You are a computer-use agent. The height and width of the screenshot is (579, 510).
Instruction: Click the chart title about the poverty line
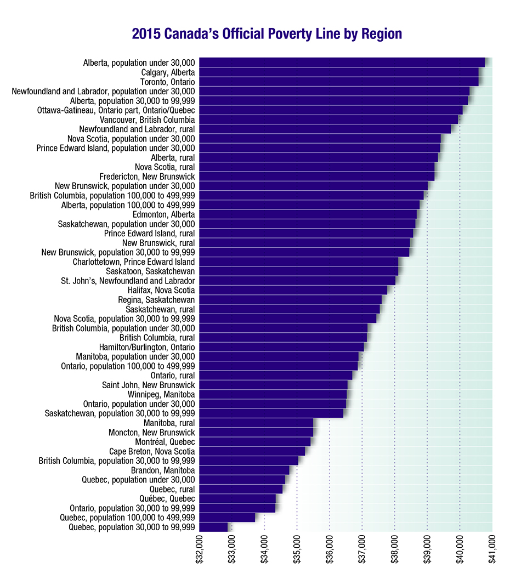point(267,34)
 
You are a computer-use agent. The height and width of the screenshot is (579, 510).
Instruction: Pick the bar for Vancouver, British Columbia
point(328,120)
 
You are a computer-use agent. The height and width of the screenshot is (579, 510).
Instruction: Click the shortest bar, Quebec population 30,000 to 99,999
point(213,527)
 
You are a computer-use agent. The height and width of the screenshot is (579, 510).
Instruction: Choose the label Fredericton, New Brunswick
point(147,177)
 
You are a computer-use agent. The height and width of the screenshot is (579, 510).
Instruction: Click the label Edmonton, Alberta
point(163,214)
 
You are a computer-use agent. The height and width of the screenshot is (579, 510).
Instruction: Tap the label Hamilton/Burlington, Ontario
point(147,347)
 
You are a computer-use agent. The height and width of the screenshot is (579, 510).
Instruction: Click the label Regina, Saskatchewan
point(156,300)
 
